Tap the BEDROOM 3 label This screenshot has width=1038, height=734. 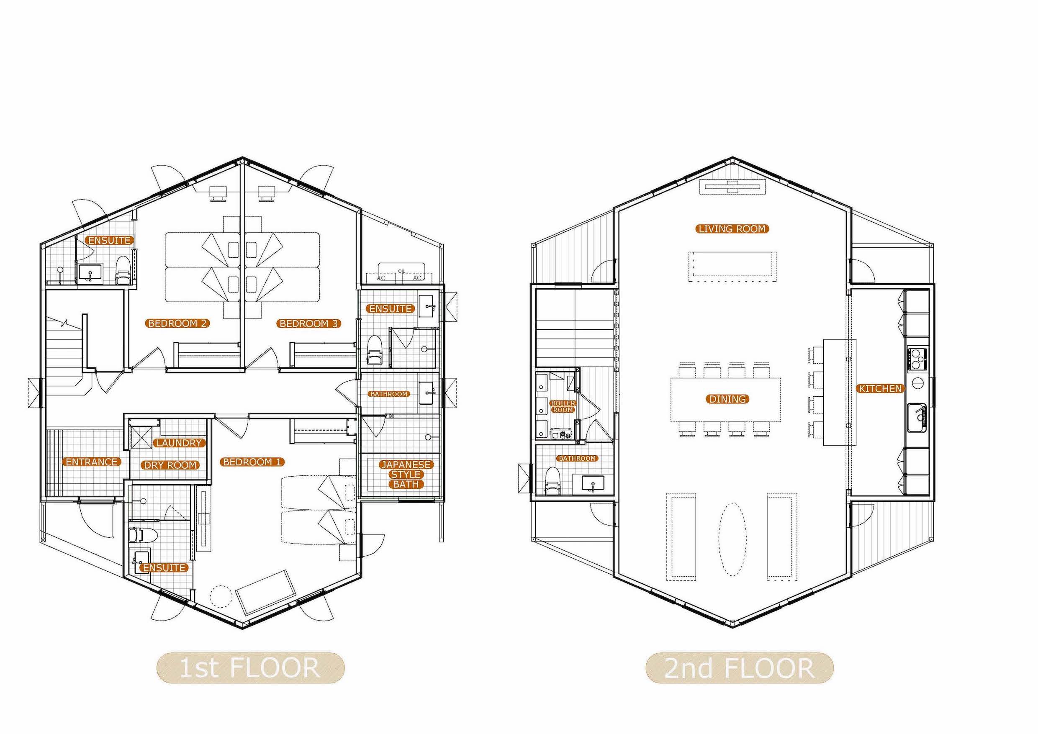[309, 323]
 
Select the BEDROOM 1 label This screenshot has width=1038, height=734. [252, 462]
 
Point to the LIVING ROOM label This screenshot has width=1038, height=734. [732, 229]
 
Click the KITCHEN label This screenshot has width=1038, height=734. [880, 388]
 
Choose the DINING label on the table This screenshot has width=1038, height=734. [727, 399]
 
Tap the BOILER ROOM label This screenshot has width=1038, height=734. [563, 406]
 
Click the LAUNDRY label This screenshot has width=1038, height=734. [179, 443]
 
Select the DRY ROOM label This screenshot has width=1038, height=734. [170, 465]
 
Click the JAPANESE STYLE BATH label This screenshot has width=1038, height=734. [406, 474]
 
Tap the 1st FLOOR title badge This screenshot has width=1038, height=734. [250, 668]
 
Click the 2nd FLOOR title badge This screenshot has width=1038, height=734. [740, 668]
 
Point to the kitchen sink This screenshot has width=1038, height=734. [916, 418]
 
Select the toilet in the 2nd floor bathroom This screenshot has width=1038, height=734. [552, 480]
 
